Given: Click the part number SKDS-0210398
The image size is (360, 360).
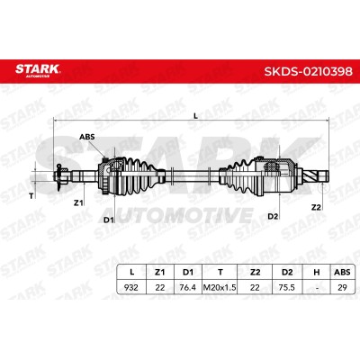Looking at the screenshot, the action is pos(308,72).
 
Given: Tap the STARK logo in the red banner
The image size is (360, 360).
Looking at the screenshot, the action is pos(38,69).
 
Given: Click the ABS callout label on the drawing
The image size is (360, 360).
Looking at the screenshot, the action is pos(86,137).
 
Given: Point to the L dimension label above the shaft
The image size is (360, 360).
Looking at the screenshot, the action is pos(196,115).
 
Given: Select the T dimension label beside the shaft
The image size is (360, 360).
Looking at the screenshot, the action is pos(31,196).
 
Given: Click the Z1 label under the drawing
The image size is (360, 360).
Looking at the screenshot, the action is pos(78,202).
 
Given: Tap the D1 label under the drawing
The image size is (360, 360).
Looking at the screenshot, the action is pos(109,220).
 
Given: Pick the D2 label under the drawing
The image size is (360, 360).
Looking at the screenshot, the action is pos(273,216).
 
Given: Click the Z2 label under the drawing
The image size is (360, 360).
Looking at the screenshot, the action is pos(316,207).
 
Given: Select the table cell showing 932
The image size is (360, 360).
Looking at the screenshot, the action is pos(131,287).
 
